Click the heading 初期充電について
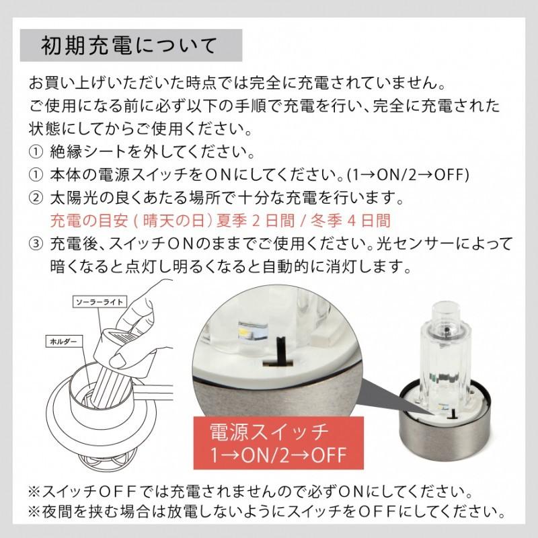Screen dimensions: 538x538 click(x=128, y=46)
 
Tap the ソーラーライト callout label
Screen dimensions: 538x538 click(x=98, y=302)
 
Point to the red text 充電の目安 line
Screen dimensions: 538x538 click(x=220, y=220)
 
